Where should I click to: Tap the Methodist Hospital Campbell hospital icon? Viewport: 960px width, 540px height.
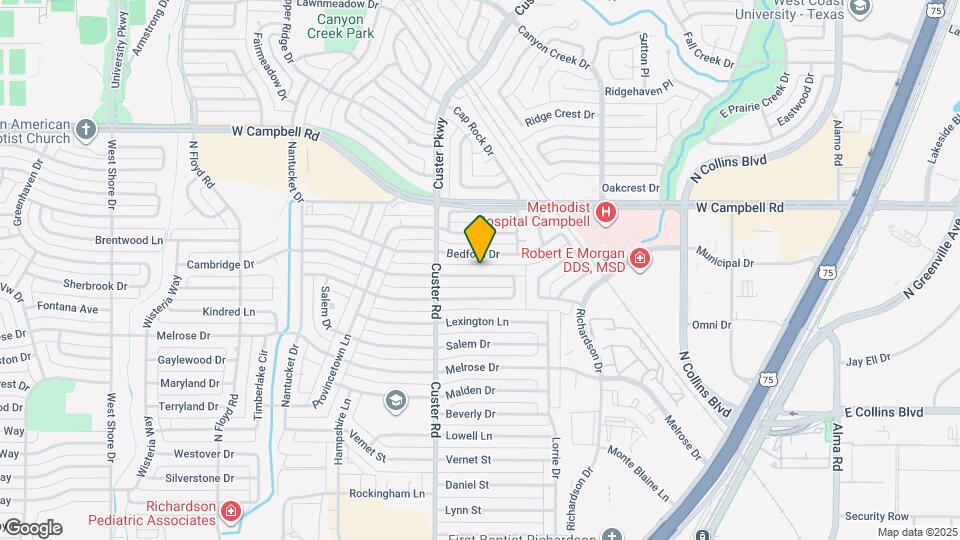(x=605, y=213)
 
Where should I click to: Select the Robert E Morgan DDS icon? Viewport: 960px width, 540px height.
(x=640, y=259)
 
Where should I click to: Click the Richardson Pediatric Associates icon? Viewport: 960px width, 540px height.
(x=231, y=513)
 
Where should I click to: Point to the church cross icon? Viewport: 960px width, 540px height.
(x=86, y=129)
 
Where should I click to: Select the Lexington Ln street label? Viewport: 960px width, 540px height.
(x=477, y=322)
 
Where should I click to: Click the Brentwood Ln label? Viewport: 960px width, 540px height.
(x=129, y=241)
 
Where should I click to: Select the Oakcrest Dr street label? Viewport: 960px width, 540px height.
(x=631, y=188)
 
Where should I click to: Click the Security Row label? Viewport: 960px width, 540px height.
(x=876, y=516)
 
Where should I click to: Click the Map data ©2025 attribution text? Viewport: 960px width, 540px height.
(x=918, y=532)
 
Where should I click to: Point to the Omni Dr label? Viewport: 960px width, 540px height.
(x=712, y=325)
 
